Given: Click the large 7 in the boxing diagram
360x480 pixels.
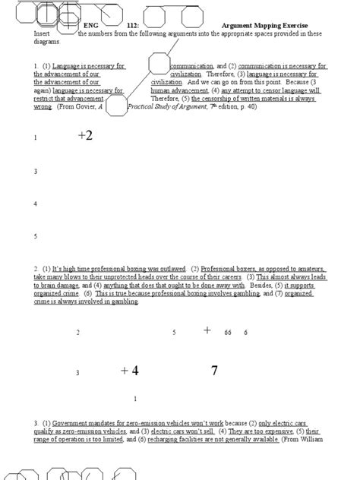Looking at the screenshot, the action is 215,371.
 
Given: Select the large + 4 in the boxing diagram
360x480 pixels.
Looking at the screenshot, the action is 130,371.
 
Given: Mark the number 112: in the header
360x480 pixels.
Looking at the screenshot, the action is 132,25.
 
